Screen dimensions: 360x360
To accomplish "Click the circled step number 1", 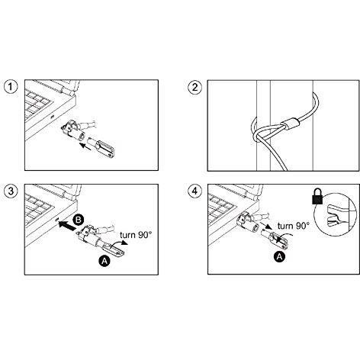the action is [11, 87].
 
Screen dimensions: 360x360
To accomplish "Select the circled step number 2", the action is [194, 87].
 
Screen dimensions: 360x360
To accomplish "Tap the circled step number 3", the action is [11, 191].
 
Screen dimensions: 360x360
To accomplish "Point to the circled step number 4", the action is [194, 191].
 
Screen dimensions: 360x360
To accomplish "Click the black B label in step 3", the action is [79, 220].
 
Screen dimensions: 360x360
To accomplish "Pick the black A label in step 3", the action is [104, 261].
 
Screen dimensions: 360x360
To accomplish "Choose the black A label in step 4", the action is [279, 257].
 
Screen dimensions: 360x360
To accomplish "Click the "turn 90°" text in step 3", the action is [136, 235].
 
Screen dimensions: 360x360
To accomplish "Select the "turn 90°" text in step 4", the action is [294, 225].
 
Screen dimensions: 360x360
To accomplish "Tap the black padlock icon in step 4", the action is [317, 196].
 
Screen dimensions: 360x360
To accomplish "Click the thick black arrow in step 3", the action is [67, 226].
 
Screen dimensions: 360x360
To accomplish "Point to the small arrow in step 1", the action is [85, 147].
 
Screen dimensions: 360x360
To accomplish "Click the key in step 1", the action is [101, 147].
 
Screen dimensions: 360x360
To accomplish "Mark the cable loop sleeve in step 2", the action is [291, 124].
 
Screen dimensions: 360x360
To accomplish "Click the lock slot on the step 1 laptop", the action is [52, 117].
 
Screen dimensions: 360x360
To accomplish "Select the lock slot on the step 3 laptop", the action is [57, 220].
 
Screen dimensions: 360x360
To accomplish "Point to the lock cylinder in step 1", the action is [74, 130].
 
